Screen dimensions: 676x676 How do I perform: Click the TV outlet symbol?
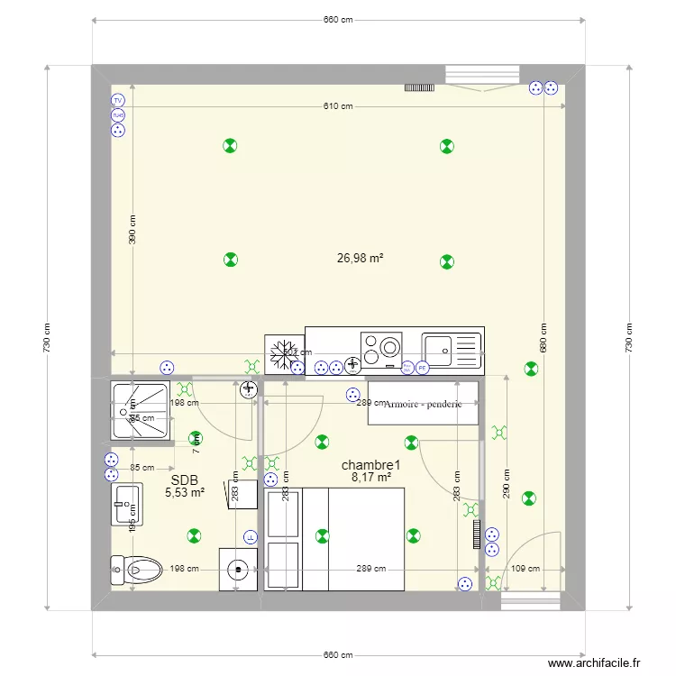(117, 100)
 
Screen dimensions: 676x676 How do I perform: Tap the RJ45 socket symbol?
(117, 115)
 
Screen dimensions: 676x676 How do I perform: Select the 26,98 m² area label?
(361, 258)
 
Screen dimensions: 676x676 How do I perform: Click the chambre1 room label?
(370, 465)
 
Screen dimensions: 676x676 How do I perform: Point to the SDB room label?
(184, 480)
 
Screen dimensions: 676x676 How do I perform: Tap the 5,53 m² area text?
(185, 493)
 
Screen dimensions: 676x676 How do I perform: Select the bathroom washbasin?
(126, 504)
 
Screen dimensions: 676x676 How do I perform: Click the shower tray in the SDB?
(140, 411)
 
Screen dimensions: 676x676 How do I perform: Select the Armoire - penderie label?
(423, 405)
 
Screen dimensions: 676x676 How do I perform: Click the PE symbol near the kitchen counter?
(421, 367)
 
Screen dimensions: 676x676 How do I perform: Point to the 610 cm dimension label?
(338, 106)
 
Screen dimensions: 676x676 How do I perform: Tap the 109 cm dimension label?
(525, 569)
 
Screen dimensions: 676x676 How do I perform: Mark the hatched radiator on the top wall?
(419, 87)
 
